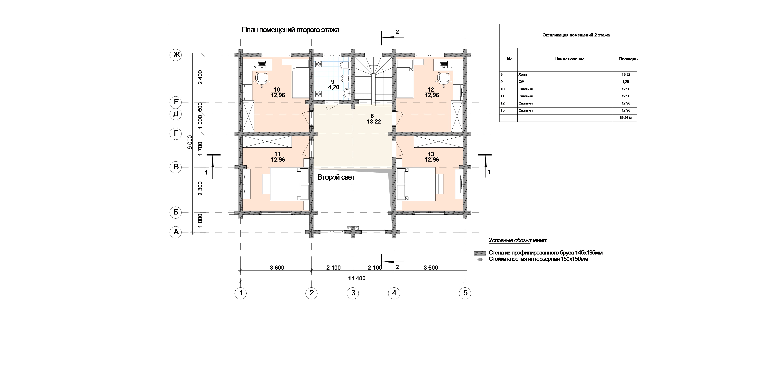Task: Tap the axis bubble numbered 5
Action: click(465, 293)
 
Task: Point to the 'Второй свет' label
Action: click(336, 177)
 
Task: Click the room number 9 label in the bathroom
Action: click(333, 82)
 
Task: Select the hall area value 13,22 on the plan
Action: click(374, 122)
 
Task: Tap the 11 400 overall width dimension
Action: click(357, 278)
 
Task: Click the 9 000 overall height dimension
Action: click(190, 142)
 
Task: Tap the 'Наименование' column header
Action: click(569, 59)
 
